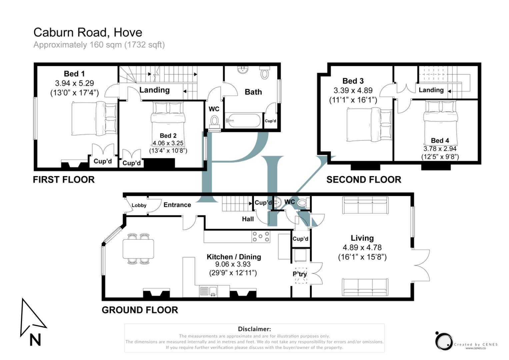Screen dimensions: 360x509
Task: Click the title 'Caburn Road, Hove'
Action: [88, 32]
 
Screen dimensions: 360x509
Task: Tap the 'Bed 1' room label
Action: [74, 74]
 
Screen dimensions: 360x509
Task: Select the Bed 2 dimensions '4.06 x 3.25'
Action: [168, 143]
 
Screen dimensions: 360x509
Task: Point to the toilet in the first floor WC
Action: [214, 120]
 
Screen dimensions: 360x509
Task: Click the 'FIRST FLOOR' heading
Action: [64, 180]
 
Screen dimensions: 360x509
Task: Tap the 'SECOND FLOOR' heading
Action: [364, 180]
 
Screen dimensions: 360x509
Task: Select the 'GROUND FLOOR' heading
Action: [140, 310]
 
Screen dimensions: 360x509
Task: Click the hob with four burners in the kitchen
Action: [261, 237]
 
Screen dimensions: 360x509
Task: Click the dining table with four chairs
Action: [138, 249]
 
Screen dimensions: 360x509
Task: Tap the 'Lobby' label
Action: [139, 205]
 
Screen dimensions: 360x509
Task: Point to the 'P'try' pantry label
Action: [300, 274]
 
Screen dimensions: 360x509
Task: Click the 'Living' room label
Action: [362, 238]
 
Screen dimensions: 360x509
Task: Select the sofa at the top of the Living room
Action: [365, 205]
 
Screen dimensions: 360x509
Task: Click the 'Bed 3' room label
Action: [353, 81]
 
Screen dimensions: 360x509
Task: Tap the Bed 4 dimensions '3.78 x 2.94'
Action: [440, 149]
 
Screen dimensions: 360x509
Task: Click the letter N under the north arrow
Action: [35, 340]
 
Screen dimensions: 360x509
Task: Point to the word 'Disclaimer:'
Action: [254, 329]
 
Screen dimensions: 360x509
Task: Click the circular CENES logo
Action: [444, 341]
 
